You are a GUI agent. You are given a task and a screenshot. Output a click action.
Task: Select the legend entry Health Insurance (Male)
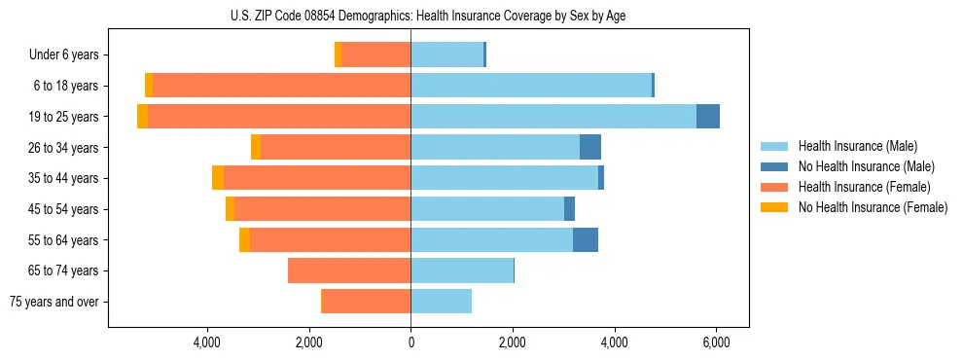click(x=857, y=146)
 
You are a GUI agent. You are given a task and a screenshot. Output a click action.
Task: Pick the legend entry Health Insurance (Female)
click(x=864, y=187)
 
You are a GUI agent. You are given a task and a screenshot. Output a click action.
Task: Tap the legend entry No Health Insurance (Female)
click(x=873, y=207)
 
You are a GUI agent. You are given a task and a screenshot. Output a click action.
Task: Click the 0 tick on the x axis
click(x=410, y=342)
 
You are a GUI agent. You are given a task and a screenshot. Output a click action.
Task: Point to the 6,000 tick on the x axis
click(x=716, y=342)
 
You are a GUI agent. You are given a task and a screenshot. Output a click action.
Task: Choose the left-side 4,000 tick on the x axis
click(x=207, y=342)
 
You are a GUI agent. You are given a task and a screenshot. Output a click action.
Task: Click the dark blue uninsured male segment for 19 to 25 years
click(x=708, y=117)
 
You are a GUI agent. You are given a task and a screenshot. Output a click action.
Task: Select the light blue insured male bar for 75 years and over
click(x=441, y=302)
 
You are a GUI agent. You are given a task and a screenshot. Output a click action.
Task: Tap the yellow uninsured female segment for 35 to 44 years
click(x=218, y=178)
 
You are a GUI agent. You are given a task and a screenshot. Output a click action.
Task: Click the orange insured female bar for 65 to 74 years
click(x=349, y=270)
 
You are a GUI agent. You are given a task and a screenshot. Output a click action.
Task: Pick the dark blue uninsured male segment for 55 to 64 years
click(x=586, y=239)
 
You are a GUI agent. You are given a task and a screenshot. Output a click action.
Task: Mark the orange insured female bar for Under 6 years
click(x=375, y=55)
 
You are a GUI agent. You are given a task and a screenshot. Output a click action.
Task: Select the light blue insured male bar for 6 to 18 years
click(x=531, y=86)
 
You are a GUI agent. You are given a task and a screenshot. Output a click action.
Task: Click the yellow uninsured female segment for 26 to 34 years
click(x=256, y=147)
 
